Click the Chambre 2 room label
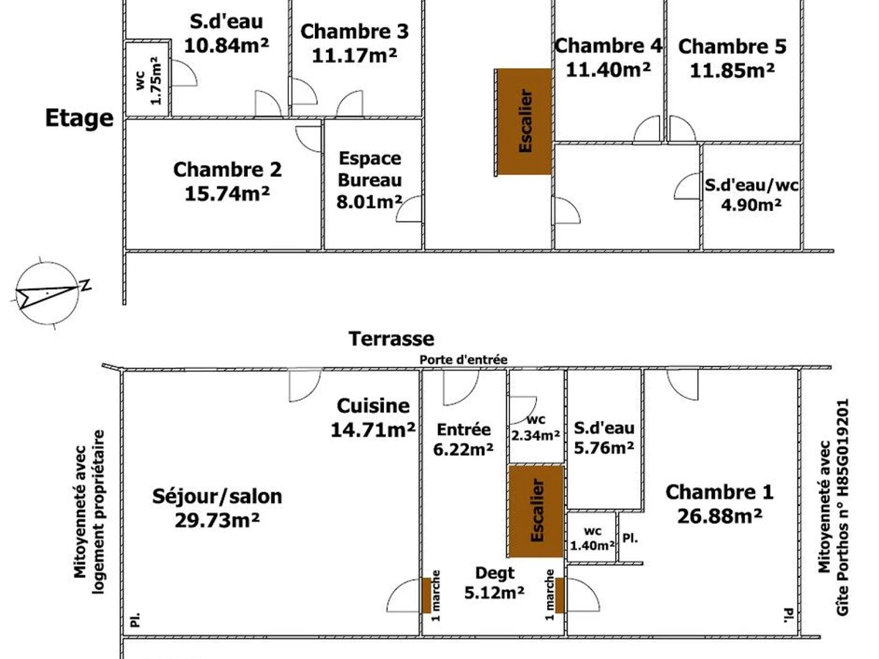point(227,170)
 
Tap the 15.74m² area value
point(227,193)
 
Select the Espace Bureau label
point(370,169)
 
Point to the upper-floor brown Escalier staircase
point(524,122)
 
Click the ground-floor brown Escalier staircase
point(536,511)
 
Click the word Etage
point(79,118)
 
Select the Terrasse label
point(391,339)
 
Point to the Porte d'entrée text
point(464,360)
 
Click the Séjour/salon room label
point(217,496)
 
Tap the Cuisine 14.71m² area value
point(373,430)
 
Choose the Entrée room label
point(464,429)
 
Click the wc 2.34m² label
point(535,428)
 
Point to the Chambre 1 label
point(719,492)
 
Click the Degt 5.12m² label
point(494,583)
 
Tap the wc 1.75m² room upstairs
point(147,79)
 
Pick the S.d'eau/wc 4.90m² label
point(752,195)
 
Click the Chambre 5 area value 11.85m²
point(732,70)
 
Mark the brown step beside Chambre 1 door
point(560,595)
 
